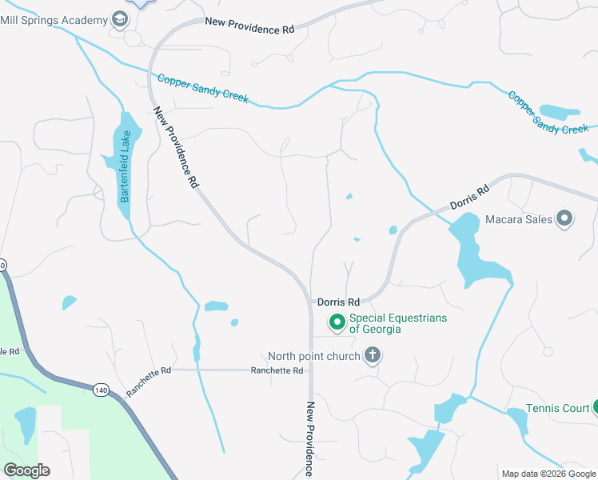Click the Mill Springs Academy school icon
point(120,18)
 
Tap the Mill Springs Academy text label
point(54,18)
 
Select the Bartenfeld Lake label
point(124,166)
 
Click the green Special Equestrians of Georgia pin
point(337,322)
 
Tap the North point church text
point(313,355)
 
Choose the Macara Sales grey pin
point(564,218)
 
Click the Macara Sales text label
point(519,218)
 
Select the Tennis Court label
point(557,408)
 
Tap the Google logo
point(26,470)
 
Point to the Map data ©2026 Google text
point(549,474)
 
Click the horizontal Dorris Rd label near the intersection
point(338,302)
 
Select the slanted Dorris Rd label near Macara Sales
point(469,198)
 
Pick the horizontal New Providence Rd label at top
point(249,25)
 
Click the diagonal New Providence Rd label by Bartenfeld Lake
point(175,147)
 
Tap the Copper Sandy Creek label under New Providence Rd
point(203,88)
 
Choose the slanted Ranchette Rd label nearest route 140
point(149,382)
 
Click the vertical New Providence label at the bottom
point(311,440)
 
